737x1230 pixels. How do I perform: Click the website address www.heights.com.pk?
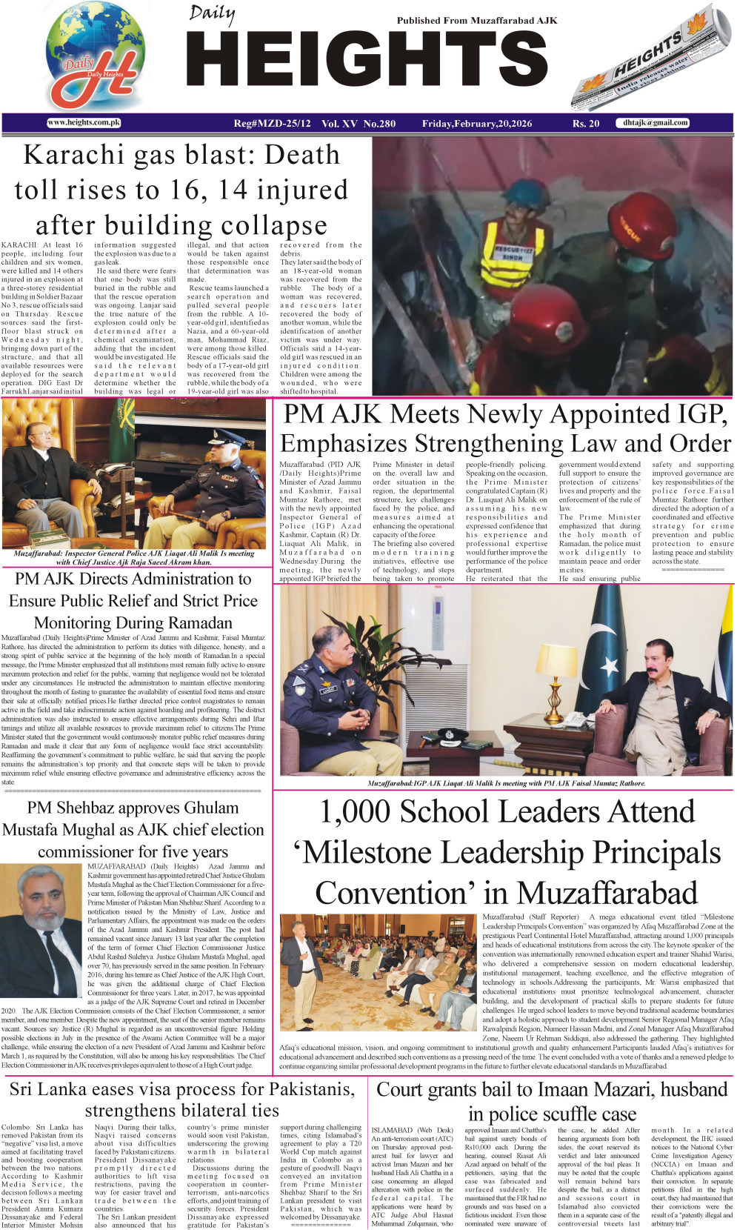pyautogui.click(x=84, y=123)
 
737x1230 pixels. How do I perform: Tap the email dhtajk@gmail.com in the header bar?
pyautogui.click(x=656, y=123)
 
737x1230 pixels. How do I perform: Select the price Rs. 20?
pyautogui.click(x=585, y=124)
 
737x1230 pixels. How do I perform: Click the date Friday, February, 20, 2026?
pyautogui.click(x=477, y=124)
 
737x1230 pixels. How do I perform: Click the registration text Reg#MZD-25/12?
pyautogui.click(x=273, y=124)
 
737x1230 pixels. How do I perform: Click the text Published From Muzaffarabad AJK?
pyautogui.click(x=477, y=21)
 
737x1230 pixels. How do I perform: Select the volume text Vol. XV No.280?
pyautogui.click(x=359, y=124)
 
